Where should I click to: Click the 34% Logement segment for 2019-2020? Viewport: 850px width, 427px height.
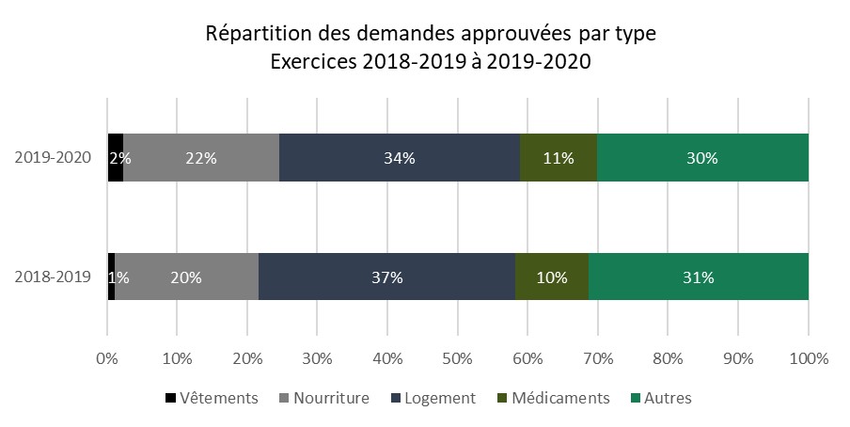click(x=400, y=158)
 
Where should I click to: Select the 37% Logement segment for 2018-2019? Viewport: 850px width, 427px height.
click(x=386, y=277)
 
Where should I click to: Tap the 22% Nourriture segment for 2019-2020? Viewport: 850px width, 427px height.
click(x=200, y=158)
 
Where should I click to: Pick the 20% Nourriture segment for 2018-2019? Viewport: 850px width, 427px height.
click(x=186, y=277)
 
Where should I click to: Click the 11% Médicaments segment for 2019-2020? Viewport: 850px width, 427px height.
click(x=559, y=158)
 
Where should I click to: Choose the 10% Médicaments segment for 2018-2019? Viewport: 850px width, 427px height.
click(x=551, y=277)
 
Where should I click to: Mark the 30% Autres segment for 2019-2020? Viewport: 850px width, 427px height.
click(x=702, y=158)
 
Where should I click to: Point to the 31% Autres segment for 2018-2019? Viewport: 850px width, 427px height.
click(x=698, y=277)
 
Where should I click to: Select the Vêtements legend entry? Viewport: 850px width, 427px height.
click(x=211, y=398)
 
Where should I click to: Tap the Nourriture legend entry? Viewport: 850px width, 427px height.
click(x=323, y=398)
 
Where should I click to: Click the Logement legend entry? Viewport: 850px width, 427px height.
click(x=433, y=398)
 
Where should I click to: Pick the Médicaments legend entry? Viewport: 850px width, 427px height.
click(x=552, y=398)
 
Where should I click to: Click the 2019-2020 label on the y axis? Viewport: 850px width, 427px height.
click(x=54, y=158)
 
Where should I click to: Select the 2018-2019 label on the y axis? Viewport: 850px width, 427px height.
click(x=54, y=277)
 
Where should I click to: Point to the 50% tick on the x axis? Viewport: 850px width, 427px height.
click(x=458, y=358)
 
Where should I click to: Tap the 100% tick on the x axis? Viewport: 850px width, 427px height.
click(x=809, y=358)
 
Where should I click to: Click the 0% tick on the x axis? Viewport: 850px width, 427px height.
click(x=107, y=358)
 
